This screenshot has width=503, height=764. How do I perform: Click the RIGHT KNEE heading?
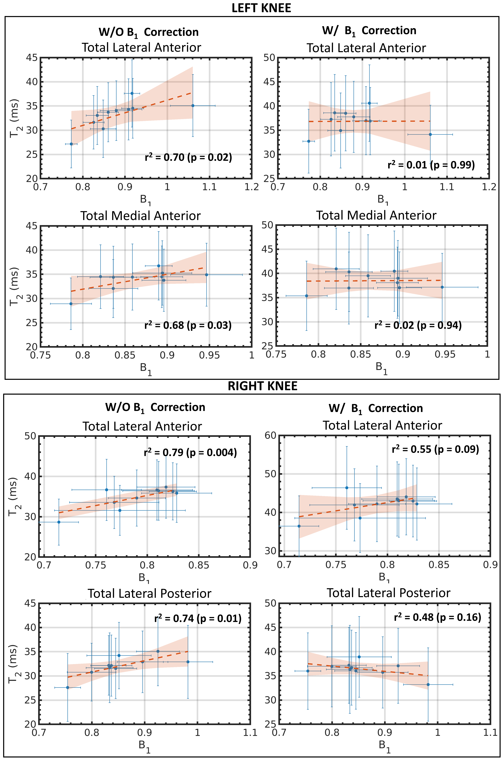(x=262, y=386)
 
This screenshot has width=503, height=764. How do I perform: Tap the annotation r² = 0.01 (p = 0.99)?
(x=431, y=165)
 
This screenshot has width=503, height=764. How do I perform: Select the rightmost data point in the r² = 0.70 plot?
(x=193, y=106)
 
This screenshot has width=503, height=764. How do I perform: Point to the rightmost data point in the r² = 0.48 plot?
(x=428, y=684)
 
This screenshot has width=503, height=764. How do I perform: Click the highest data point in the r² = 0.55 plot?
(x=347, y=488)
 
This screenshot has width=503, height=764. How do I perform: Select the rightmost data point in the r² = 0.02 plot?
(x=442, y=287)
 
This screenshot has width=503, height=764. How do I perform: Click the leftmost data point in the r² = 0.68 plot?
(x=71, y=303)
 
